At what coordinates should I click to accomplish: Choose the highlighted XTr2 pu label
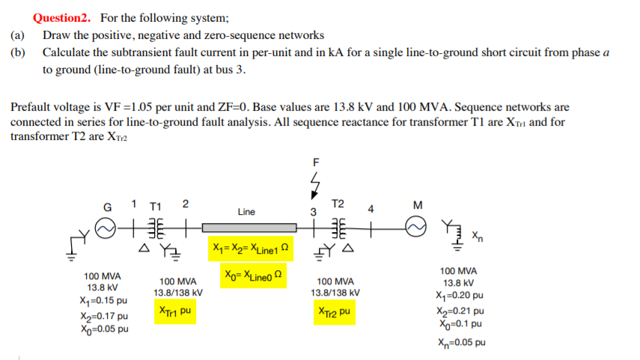click(x=335, y=310)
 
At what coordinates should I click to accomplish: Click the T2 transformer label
click(x=338, y=204)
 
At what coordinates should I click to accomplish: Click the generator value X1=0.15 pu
click(x=103, y=301)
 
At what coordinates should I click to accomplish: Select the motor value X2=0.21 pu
click(x=459, y=310)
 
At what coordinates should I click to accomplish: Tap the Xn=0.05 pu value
click(x=460, y=343)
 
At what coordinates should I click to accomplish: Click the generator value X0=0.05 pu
click(x=103, y=329)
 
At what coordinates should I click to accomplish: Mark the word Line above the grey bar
click(x=246, y=212)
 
